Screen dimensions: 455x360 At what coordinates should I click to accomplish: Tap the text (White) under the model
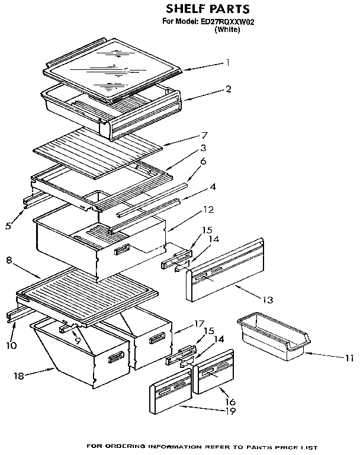pos(226,29)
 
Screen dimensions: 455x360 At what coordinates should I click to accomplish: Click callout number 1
pos(227,62)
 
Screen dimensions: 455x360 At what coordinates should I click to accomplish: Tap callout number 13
pos(268,300)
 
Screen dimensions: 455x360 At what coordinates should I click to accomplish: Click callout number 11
pos(349,357)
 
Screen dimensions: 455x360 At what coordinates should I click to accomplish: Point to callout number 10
pos(11,345)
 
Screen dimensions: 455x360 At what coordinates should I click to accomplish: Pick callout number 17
pos(199,323)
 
